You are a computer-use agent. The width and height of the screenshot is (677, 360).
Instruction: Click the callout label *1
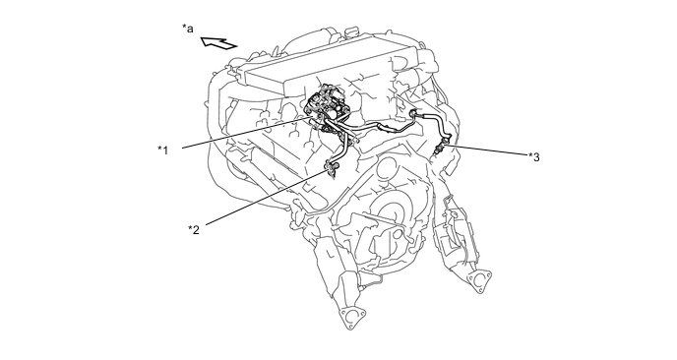point(162,150)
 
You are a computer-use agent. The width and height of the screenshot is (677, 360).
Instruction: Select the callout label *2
point(194,229)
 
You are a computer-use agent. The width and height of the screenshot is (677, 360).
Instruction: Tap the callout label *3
point(534,157)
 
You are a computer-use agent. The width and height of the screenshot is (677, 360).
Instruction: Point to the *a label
point(187,29)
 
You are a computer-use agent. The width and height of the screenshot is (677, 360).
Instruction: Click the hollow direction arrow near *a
point(218,43)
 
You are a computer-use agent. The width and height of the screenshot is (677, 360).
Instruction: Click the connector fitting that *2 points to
point(332,168)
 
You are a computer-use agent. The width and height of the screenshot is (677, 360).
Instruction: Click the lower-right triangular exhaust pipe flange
point(479,281)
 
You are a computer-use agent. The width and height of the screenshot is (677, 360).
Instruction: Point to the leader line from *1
point(247,132)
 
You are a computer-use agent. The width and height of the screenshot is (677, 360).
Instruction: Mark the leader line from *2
point(267,198)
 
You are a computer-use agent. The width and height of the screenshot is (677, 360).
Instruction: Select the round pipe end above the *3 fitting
point(412,113)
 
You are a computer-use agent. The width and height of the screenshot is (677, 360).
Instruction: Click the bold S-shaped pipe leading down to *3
point(435,125)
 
